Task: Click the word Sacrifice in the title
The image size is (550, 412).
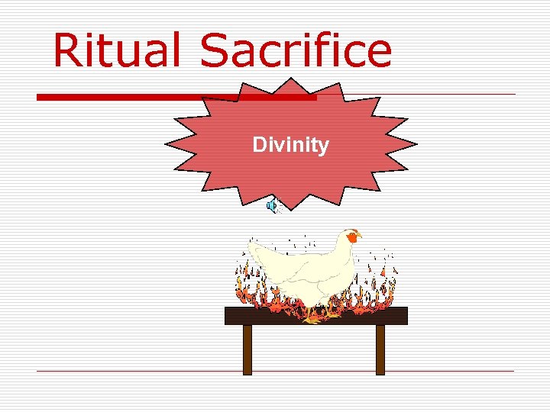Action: point(296,50)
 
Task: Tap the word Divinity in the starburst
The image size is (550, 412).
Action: point(290,145)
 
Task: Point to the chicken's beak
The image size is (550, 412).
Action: point(360,236)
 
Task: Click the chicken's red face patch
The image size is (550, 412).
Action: point(352,237)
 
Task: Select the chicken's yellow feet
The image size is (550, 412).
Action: point(313,318)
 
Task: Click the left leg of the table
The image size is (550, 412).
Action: point(247,349)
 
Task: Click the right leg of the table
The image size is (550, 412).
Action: point(380,349)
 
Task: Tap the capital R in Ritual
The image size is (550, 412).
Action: point(67,50)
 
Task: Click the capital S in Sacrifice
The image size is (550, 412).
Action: point(216,50)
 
